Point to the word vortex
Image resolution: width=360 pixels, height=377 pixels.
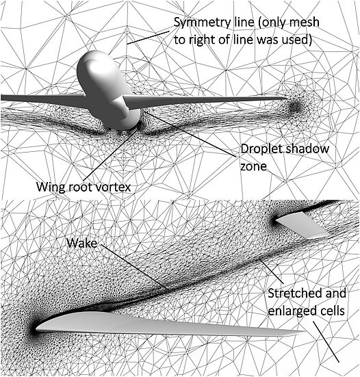click(x=114, y=187)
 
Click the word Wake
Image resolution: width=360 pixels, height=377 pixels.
click(x=82, y=243)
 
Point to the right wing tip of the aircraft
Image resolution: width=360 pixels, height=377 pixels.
click(x=287, y=98)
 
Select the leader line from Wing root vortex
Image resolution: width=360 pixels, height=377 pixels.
click(x=110, y=155)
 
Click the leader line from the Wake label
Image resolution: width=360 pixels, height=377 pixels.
click(x=135, y=268)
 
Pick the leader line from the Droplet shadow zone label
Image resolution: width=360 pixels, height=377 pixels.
click(x=191, y=133)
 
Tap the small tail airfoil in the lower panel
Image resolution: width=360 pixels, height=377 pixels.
click(x=302, y=225)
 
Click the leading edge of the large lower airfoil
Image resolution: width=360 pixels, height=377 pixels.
click(x=36, y=328)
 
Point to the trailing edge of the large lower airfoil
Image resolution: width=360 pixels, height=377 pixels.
click(x=303, y=333)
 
